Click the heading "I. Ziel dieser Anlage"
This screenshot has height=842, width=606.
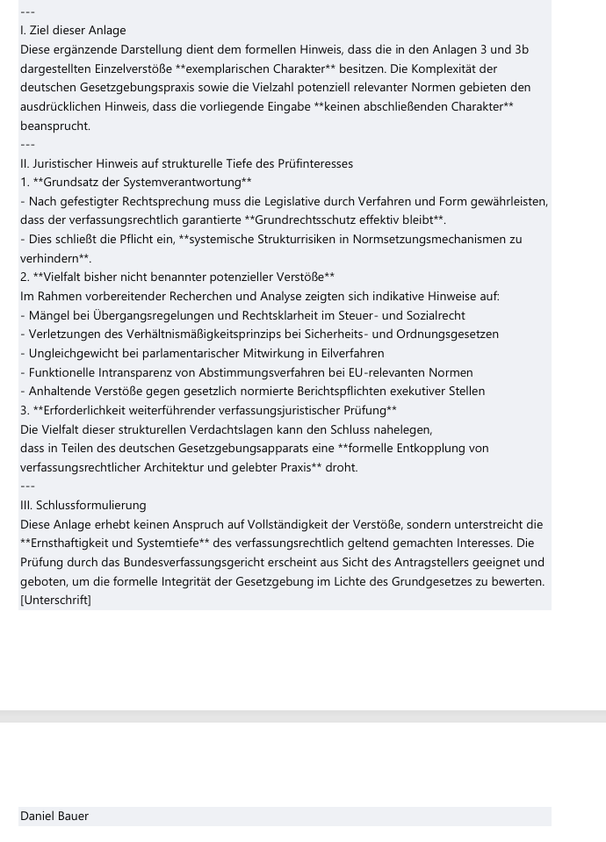[x=73, y=31]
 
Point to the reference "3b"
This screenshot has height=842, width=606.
[x=521, y=50]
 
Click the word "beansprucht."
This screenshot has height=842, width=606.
[x=55, y=126]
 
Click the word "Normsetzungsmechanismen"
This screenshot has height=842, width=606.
[x=428, y=240]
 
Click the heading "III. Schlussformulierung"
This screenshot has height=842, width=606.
[x=83, y=505]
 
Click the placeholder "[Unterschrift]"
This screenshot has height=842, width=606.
[x=55, y=601]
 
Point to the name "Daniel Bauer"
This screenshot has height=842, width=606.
[x=54, y=817]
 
